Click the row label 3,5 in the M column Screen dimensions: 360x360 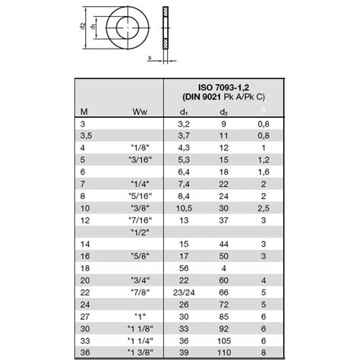(x=86, y=135)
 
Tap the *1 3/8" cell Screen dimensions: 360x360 (x=138, y=353)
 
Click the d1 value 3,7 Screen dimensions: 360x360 (x=183, y=135)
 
